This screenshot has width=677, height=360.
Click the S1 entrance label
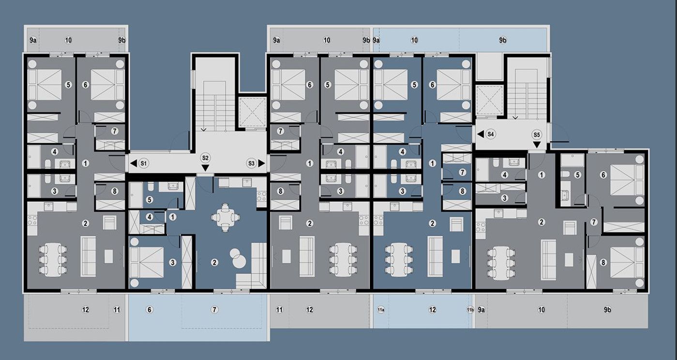point(144,164)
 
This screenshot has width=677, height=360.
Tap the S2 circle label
point(205,158)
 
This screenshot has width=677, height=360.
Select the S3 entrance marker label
point(252,164)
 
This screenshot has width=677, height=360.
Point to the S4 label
point(491,134)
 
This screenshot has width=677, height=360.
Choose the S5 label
point(537,135)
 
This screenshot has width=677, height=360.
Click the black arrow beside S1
point(133,164)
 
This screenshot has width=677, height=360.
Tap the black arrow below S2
point(205,168)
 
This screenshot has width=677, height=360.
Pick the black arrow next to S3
point(262,164)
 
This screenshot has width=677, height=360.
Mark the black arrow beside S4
point(481,134)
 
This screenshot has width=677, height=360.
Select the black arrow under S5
point(537,145)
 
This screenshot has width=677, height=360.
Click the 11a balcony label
point(381,310)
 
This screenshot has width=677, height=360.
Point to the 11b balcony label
point(470,310)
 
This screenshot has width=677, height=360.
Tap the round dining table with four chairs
point(225,218)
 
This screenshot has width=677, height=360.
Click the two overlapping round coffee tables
point(238,258)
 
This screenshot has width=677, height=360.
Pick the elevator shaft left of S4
point(489,101)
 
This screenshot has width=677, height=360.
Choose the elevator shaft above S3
point(252,112)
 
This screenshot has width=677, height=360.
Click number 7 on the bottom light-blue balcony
point(214,310)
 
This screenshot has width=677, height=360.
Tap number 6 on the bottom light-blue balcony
point(150,310)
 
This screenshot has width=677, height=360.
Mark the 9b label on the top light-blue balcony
point(503,40)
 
